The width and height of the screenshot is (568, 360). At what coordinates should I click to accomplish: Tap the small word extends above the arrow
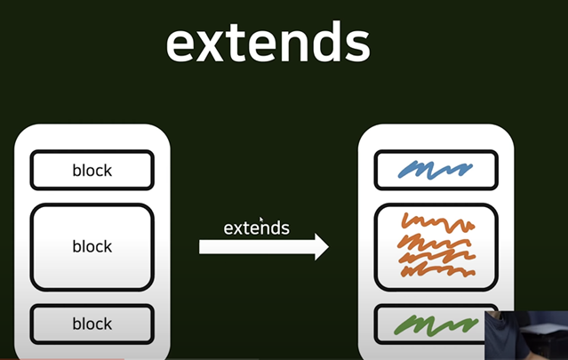coord(256,228)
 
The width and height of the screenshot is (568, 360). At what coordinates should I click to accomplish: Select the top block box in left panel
coord(92,170)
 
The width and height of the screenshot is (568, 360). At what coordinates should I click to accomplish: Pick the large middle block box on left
coord(92,246)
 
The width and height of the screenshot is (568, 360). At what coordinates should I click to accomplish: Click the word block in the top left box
coord(92,171)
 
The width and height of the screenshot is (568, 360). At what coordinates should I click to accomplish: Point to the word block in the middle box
coord(92,246)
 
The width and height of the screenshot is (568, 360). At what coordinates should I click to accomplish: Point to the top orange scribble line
coord(435,220)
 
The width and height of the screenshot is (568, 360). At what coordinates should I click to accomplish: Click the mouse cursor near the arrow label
coord(261,219)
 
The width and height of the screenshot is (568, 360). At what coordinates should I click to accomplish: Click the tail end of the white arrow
coord(204,246)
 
